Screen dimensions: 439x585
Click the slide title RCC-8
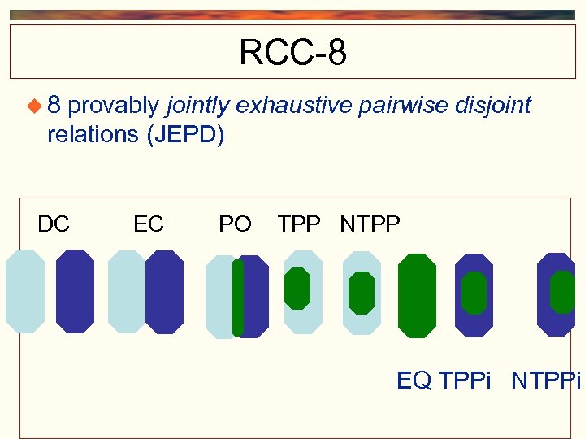292,54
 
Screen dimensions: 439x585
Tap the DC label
54,224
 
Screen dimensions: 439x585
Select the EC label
149,224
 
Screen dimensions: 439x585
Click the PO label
235,224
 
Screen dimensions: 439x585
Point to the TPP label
299,224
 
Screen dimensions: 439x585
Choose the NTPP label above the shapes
370,224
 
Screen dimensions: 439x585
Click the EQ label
414,380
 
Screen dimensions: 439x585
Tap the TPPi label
465,380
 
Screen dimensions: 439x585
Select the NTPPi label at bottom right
545,380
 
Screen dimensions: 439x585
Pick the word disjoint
495,106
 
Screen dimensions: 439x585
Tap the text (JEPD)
184,134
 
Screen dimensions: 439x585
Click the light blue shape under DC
25,291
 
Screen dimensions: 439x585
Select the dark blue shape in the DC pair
75,291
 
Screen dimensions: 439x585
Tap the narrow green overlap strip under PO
237,297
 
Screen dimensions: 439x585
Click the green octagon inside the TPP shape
297,289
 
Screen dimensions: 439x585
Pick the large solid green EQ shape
417,295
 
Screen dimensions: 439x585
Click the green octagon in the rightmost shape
562,292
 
